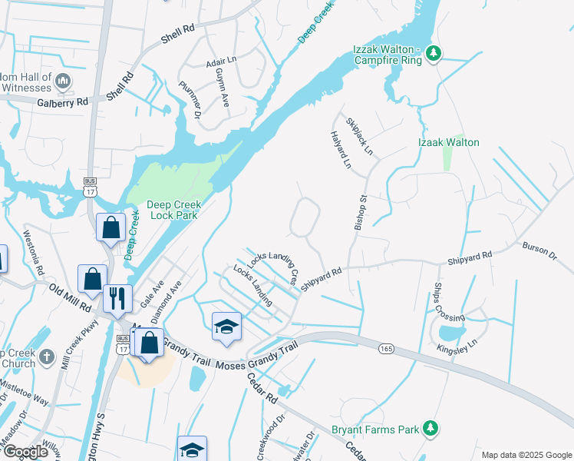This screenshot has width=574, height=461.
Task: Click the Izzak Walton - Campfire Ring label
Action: pos(388,55)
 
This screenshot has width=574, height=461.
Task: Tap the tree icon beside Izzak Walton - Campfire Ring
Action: pos(434,53)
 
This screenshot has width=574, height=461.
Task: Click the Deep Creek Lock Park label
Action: pos(173,210)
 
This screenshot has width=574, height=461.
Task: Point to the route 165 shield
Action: pos(387,349)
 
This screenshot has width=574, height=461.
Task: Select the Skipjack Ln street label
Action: pos(358,134)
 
